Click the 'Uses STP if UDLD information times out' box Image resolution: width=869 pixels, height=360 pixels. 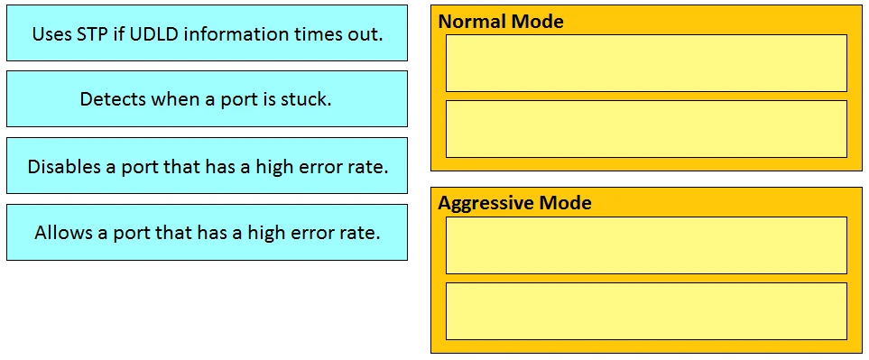click(x=207, y=33)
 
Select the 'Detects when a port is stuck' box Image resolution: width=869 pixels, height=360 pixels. click(x=207, y=98)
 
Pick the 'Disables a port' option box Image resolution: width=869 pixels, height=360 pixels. click(x=207, y=166)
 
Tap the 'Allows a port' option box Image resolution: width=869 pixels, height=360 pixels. click(x=207, y=232)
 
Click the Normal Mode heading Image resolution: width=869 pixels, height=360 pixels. click(x=501, y=22)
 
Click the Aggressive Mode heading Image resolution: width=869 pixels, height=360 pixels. click(x=514, y=203)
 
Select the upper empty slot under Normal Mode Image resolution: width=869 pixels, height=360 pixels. click(x=646, y=63)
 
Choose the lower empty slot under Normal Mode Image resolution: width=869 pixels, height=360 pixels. click(x=646, y=129)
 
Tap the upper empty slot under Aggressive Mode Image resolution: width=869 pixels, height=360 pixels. click(x=646, y=245)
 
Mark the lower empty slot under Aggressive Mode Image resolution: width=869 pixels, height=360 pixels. click(x=646, y=311)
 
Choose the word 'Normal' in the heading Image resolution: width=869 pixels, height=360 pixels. click(x=472, y=22)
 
